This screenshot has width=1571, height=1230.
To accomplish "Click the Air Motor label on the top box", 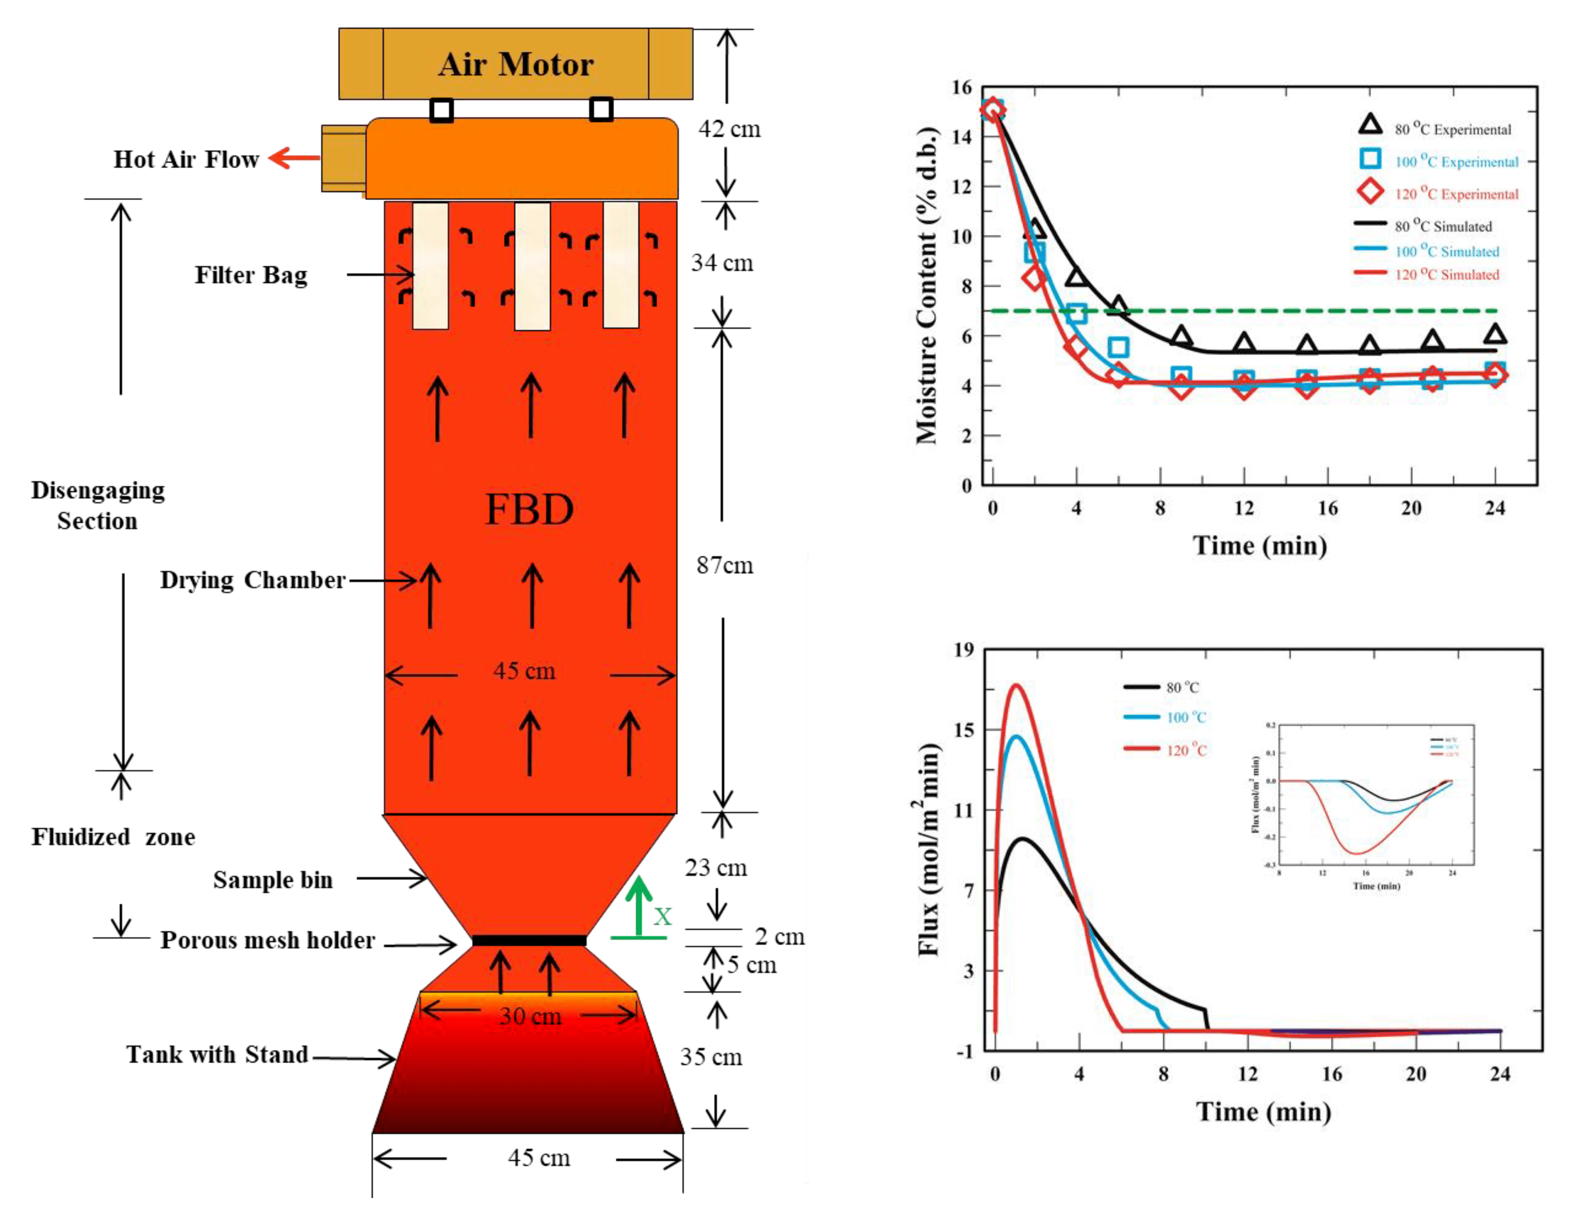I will pyautogui.click(x=515, y=65).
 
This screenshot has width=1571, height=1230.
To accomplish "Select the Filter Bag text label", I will pyautogui.click(x=250, y=275).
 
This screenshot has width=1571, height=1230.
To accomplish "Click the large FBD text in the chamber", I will pyautogui.click(x=529, y=510).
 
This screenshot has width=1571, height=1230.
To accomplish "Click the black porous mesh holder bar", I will pyautogui.click(x=529, y=940).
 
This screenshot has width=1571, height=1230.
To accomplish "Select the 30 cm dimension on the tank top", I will pyautogui.click(x=530, y=1016).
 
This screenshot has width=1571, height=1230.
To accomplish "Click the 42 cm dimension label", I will pyautogui.click(x=729, y=129).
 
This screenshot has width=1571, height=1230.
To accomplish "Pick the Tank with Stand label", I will pyautogui.click(x=217, y=1054).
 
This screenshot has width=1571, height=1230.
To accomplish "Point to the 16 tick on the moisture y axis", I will pyautogui.click(x=961, y=88).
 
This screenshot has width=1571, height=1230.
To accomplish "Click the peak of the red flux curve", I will pyautogui.click(x=1016, y=685).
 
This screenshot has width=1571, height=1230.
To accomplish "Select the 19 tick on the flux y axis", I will pyautogui.click(x=963, y=650).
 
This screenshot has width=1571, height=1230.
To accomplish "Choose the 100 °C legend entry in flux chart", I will pyautogui.click(x=1185, y=717).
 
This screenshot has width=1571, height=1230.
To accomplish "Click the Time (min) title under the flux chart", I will pyautogui.click(x=1263, y=1111).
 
